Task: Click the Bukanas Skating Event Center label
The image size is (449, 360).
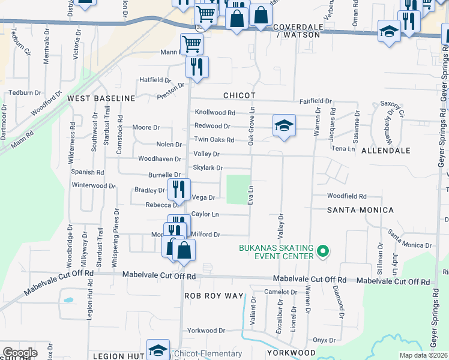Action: (x=276, y=252)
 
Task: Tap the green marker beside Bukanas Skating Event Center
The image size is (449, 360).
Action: (x=322, y=251)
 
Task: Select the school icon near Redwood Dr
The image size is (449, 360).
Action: (x=284, y=126)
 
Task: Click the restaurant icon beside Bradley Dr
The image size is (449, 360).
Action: (x=178, y=190)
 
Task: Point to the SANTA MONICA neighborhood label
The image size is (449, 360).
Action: (x=360, y=210)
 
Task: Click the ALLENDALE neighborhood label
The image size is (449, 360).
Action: (x=385, y=152)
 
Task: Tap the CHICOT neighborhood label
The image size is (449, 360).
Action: (x=240, y=95)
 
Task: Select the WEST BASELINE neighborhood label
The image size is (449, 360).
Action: (x=101, y=98)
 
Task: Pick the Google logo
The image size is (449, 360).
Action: (x=20, y=353)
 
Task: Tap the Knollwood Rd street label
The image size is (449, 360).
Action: (x=214, y=112)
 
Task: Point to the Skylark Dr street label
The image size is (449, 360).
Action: (x=208, y=168)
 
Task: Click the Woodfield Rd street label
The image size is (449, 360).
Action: (x=347, y=196)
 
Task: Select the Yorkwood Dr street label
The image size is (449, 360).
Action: (x=206, y=331)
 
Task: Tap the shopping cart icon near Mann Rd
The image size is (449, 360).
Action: (x=191, y=43)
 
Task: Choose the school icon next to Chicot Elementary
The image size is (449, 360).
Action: (x=158, y=349)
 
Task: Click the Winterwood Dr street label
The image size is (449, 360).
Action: (x=93, y=185)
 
